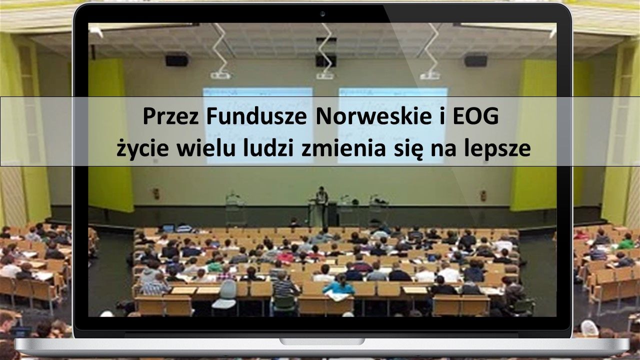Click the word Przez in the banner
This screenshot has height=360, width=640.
click(x=170, y=116)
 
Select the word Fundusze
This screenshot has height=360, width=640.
click(x=256, y=116)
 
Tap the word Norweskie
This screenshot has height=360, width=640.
click(x=373, y=116)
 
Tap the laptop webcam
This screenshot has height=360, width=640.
click(x=322, y=13)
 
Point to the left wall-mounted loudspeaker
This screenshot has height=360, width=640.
click(x=177, y=60)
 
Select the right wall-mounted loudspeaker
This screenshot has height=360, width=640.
click(x=475, y=61)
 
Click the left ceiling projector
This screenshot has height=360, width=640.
click(x=220, y=75)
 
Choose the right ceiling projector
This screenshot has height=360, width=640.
click(x=429, y=75)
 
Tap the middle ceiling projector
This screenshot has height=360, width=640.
click(x=325, y=75)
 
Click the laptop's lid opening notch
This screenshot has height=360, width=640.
click(x=322, y=341)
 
